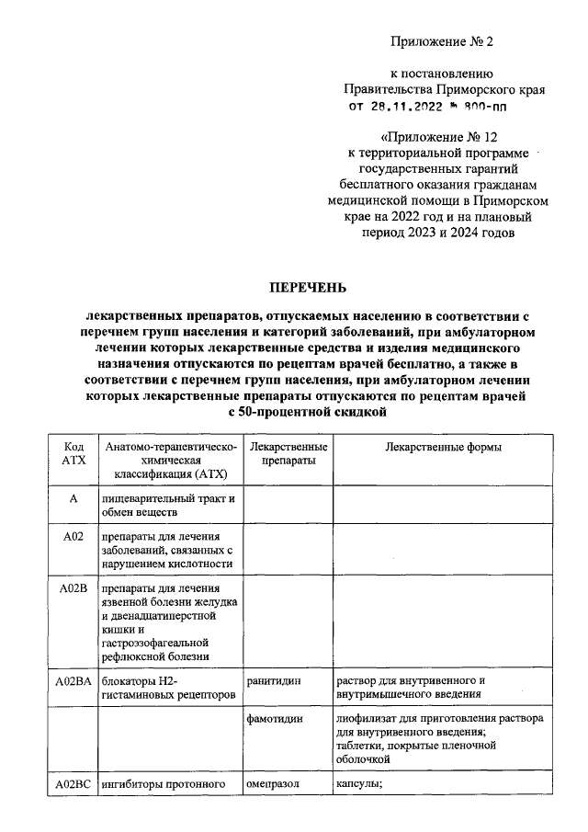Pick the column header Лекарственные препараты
coord(288,453)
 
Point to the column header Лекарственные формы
coord(442,447)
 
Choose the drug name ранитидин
coord(273,682)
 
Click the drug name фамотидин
coord(275,719)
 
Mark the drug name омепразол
coord(274,784)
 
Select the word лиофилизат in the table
coord(368,719)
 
